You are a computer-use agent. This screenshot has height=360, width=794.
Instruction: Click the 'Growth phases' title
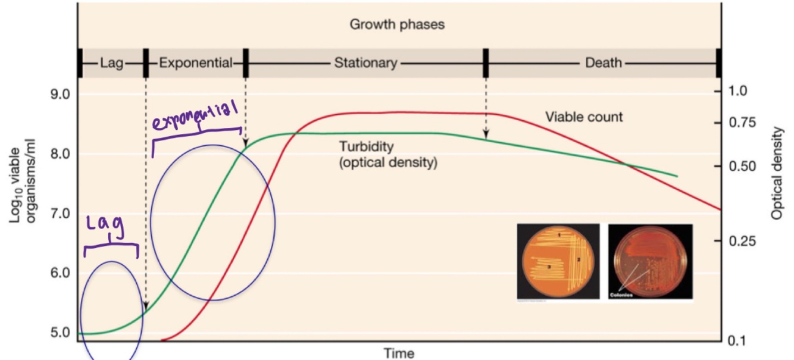click(397, 25)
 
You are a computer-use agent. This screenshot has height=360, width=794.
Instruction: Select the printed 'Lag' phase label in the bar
click(111, 63)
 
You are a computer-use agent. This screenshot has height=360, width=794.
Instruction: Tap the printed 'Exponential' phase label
click(195, 63)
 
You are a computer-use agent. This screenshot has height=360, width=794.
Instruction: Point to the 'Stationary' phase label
click(365, 63)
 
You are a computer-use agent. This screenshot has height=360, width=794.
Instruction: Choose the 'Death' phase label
click(604, 63)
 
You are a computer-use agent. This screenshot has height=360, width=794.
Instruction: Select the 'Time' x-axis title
click(398, 353)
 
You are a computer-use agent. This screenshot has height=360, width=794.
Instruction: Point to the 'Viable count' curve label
click(584, 117)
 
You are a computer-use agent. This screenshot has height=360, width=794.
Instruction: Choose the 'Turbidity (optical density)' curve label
click(387, 154)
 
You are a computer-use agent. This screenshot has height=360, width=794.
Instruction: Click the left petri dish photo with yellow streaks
click(558, 262)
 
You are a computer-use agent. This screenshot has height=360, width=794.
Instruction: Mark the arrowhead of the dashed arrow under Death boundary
click(486, 135)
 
